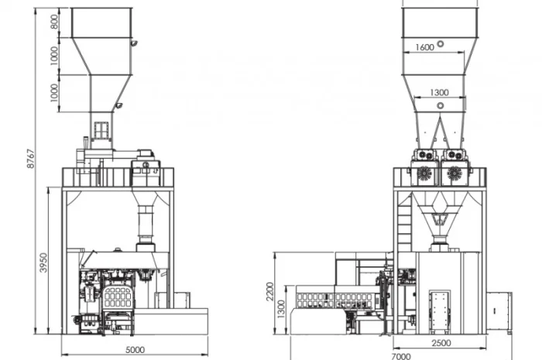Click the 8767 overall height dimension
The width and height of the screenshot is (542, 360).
[31, 159]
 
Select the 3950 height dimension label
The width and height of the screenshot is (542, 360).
[43, 262]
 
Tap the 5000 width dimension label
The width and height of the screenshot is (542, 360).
[135, 350]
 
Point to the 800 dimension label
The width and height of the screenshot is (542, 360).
[55, 22]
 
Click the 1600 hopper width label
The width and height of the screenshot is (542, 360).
[424, 47]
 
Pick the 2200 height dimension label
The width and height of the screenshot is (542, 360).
[270, 291]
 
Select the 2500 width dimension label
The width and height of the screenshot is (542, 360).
[441, 343]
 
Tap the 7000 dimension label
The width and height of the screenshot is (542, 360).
[401, 356]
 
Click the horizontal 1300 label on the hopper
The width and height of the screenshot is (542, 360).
[439, 93]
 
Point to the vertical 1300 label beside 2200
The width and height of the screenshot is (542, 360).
[282, 309]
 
